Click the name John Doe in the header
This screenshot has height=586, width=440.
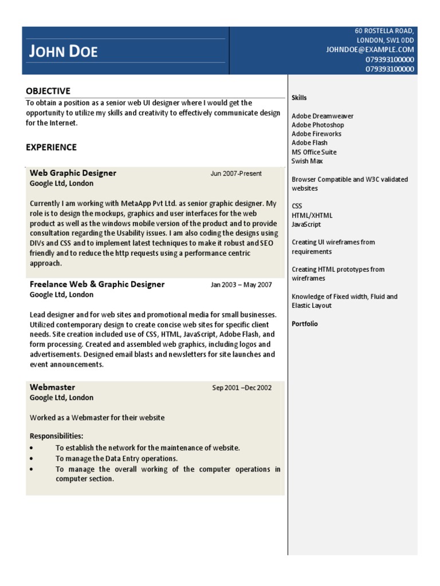[x=64, y=52]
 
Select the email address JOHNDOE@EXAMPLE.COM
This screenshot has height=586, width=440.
[x=370, y=50]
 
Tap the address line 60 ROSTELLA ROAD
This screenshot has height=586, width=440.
[x=384, y=31]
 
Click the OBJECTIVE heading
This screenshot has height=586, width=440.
[x=48, y=91]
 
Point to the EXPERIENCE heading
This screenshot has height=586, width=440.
[x=51, y=147]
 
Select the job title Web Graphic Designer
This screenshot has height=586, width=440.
[x=73, y=173]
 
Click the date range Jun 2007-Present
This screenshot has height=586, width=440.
[x=236, y=173]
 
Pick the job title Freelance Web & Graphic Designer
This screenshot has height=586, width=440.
[x=97, y=284]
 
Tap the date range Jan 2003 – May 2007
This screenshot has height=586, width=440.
[x=241, y=285]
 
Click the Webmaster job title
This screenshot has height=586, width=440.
[x=52, y=387]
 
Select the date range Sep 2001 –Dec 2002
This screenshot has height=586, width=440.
[x=242, y=388]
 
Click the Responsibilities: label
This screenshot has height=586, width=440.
[x=56, y=436]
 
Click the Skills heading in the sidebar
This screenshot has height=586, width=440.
[x=299, y=98]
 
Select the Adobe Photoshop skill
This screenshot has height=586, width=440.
[x=317, y=125]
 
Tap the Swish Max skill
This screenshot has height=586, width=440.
[x=307, y=161]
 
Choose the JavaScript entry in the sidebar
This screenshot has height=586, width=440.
[x=306, y=224]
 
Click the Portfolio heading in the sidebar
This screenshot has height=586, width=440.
[x=304, y=324]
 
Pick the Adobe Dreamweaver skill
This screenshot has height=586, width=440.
[x=322, y=116]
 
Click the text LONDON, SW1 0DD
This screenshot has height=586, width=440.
[x=385, y=41]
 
